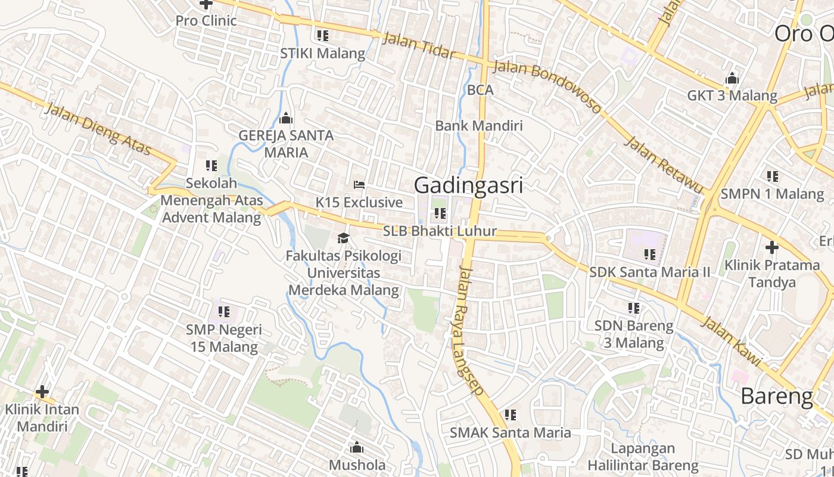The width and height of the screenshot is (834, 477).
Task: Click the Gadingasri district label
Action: tap(468, 185)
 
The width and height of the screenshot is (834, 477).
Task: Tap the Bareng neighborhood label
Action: tap(777, 396)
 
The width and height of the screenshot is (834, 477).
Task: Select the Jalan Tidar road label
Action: tap(418, 46)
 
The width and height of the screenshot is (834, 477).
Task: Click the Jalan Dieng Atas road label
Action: tap(98, 129)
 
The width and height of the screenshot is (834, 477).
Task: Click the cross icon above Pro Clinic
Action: tap(206, 4)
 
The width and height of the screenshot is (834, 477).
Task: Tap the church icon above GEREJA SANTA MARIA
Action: tap(286, 118)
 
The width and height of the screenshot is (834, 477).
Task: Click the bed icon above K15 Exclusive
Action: tap(359, 185)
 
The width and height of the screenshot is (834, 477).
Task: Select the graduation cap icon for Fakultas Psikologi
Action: tap(343, 238)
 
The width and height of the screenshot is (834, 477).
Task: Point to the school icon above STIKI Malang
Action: tap(323, 36)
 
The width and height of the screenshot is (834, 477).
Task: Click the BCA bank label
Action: tap(480, 90)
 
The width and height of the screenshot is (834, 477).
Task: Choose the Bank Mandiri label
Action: tap(478, 126)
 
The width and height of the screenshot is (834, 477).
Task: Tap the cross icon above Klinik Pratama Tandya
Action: tap(772, 247)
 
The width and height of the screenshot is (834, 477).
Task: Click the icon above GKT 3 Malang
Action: tap(732, 78)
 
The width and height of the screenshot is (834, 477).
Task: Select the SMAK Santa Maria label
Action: tap(510, 433)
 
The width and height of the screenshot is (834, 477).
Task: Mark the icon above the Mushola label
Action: tap(357, 447)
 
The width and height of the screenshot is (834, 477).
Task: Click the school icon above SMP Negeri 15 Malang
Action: tap(223, 311)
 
